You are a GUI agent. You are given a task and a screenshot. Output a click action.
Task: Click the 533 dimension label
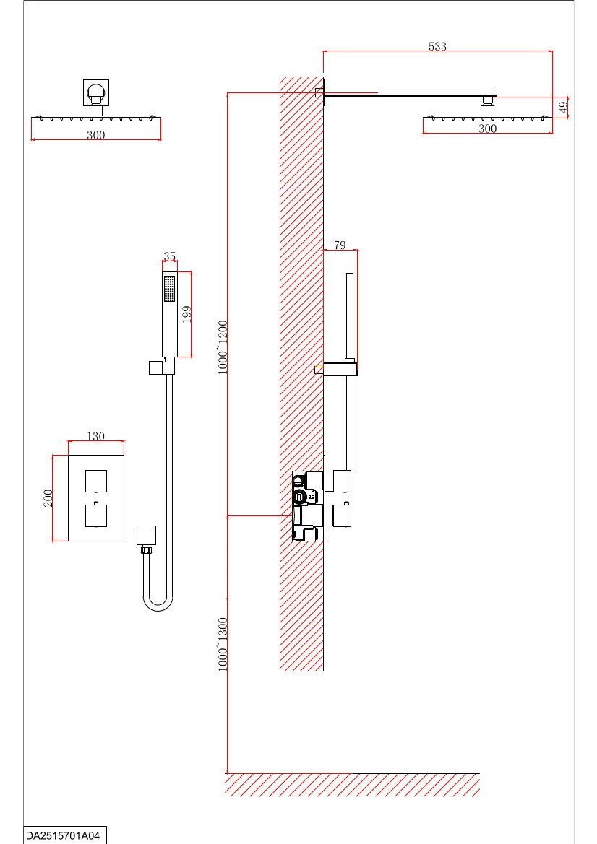coord(437,46)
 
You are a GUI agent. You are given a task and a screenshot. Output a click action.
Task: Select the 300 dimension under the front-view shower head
coord(96,135)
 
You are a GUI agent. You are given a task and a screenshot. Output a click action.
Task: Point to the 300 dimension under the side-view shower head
coord(488,129)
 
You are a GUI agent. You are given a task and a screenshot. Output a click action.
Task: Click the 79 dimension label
coord(340,245)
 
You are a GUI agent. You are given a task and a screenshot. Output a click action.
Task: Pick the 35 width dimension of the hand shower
coord(170,256)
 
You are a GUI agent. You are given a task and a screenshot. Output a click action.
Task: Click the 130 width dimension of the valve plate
coord(95,436)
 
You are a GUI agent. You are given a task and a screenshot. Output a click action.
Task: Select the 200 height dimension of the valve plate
coord(48,498)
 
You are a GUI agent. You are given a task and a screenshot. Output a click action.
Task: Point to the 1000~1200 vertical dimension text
coord(223,347)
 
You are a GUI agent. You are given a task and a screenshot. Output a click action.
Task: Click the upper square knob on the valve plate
coord(96,479)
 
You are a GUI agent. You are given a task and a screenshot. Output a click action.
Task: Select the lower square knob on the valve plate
coord(96,515)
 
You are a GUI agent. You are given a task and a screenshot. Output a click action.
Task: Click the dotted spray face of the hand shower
coord(170,288)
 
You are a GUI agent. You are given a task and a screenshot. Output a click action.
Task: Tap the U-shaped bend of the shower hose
coord(158,602)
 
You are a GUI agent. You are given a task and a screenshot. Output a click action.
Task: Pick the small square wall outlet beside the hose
coord(146,535)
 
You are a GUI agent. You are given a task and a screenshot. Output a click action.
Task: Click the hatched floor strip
coord(352,784)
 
